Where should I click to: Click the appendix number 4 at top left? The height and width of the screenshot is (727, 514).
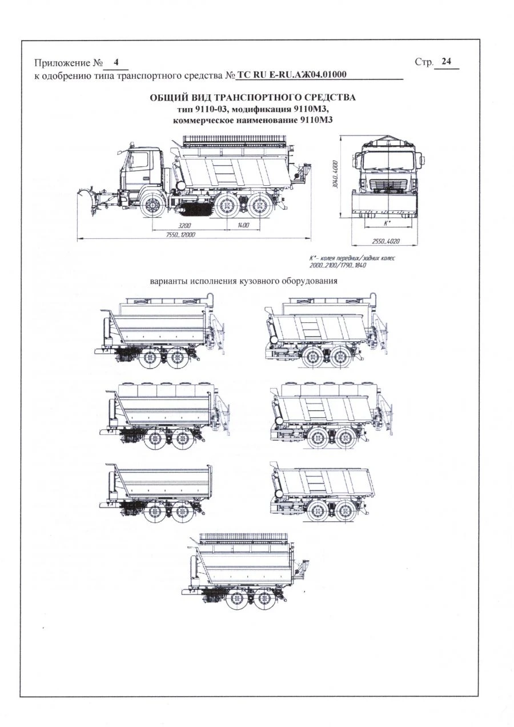click(117, 61)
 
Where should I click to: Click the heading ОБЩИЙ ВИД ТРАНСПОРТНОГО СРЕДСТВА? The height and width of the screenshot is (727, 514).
click(252, 97)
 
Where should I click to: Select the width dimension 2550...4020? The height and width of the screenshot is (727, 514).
click(385, 241)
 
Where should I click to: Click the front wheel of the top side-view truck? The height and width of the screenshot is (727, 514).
click(152, 205)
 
